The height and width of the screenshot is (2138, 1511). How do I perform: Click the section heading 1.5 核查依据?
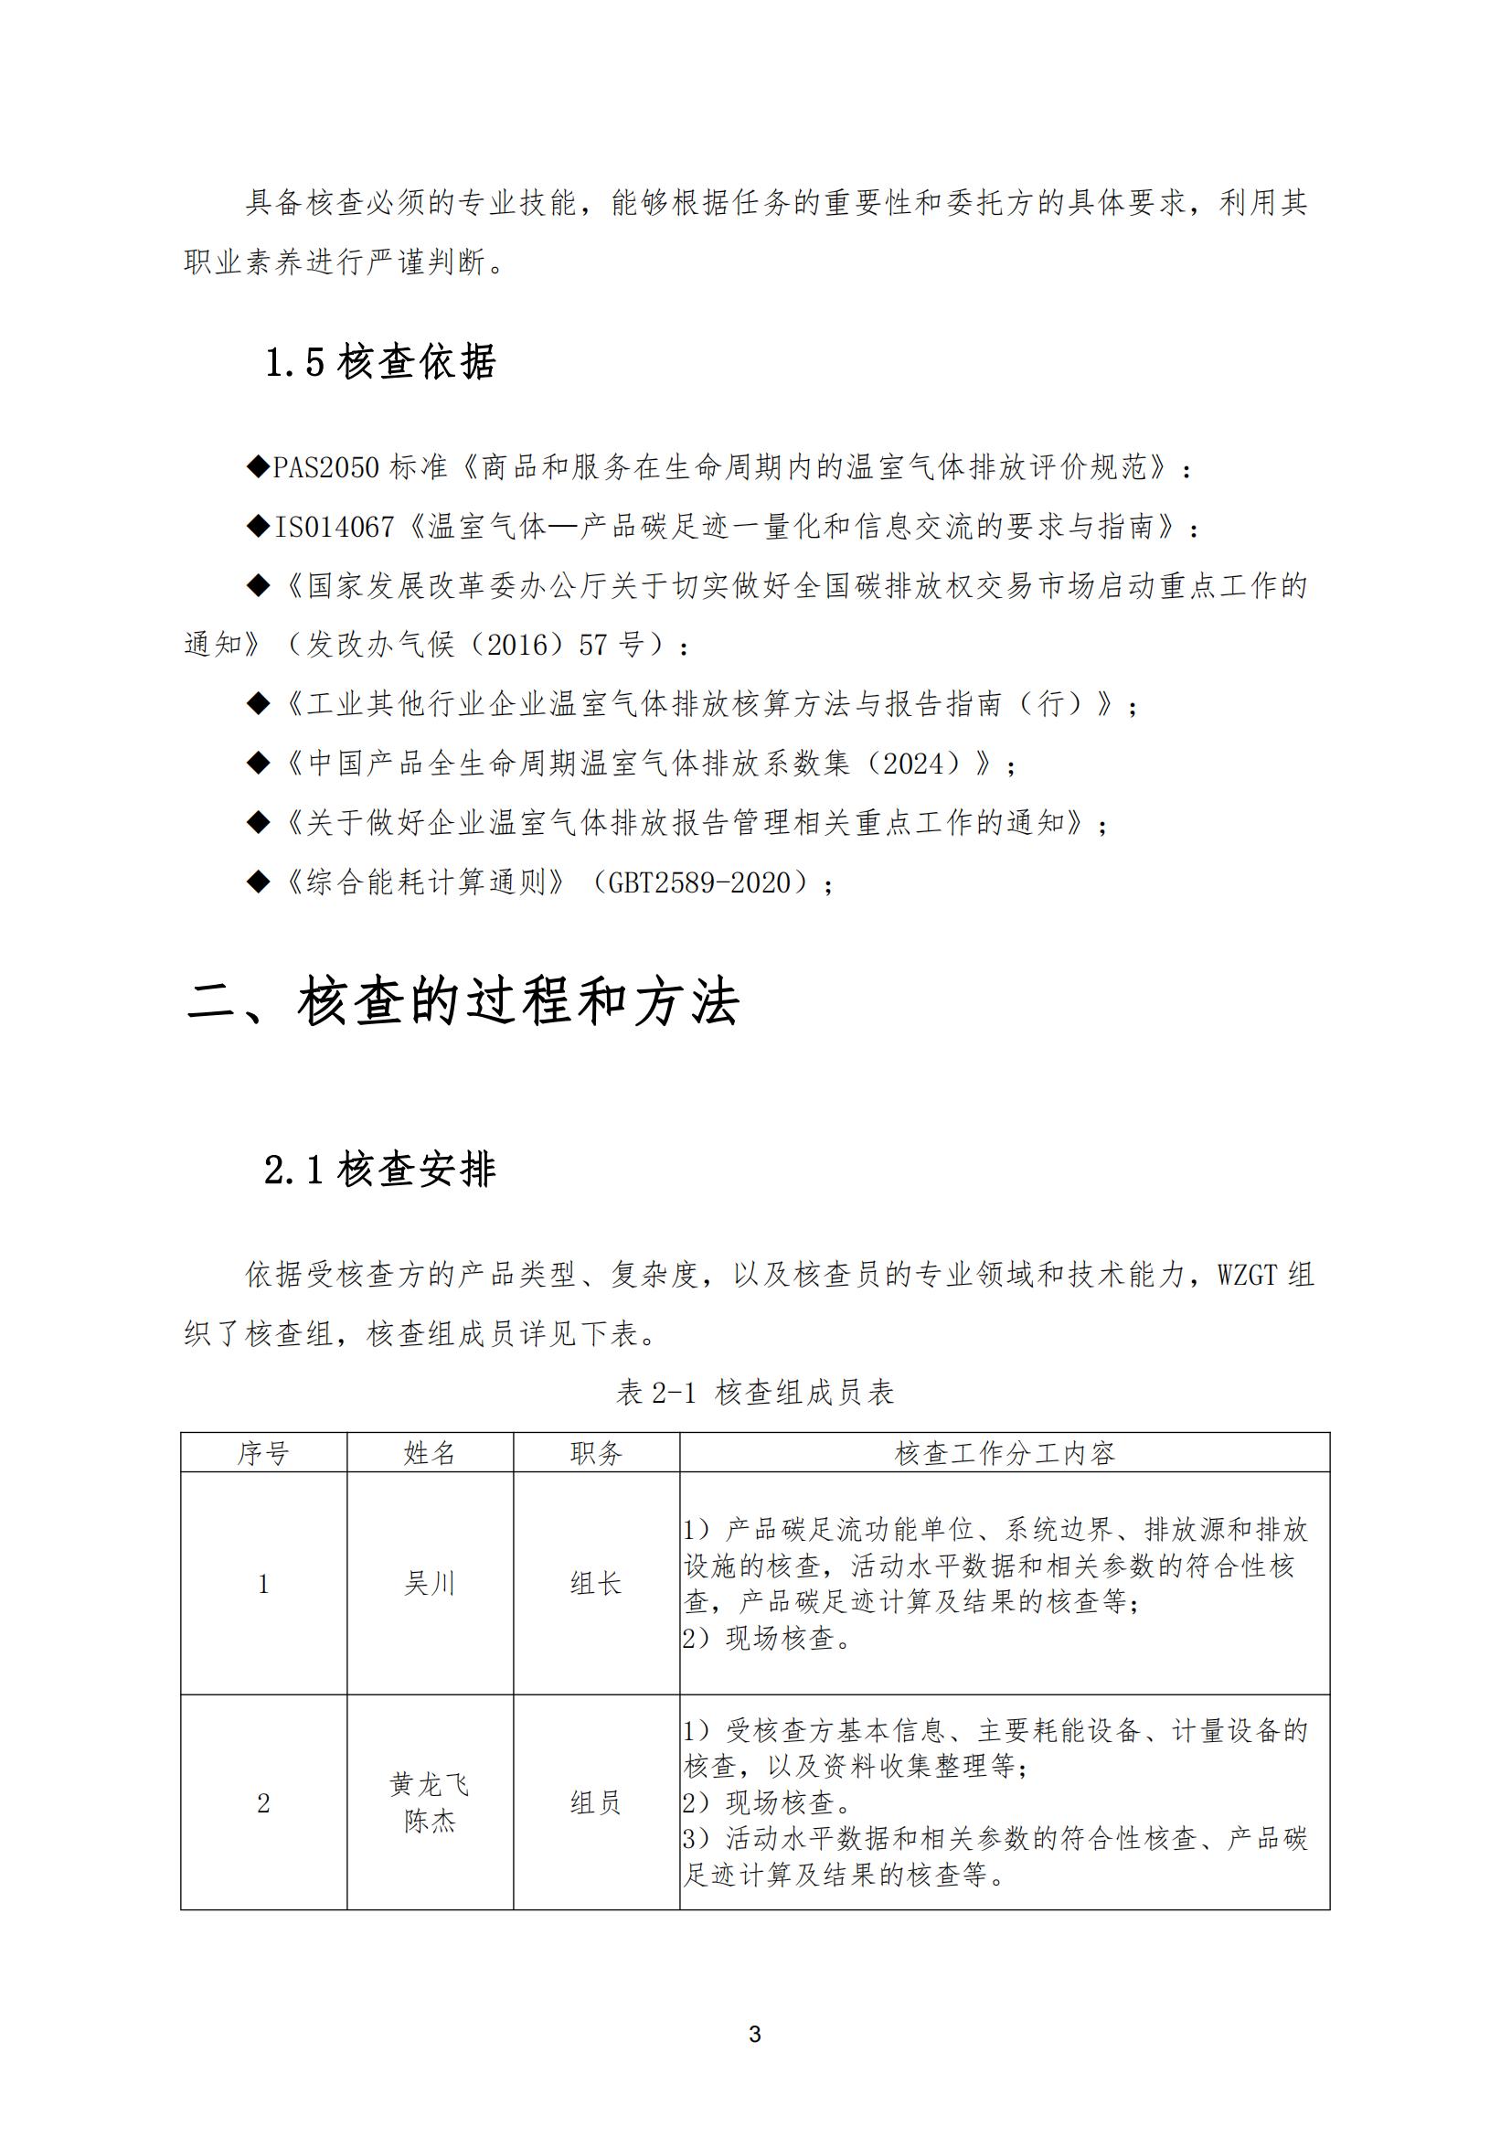coord(380,362)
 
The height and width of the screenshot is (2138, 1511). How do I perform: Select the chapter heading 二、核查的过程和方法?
coord(463,1003)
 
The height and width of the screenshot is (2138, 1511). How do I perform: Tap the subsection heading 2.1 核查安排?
coord(380,1170)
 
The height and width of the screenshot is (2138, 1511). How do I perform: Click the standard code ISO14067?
coord(335,527)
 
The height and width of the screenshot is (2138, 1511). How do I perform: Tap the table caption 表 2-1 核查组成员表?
coord(755,1393)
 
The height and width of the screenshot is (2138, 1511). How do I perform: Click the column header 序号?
coord(263,1454)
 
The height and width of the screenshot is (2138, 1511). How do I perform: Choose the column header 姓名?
coord(430,1454)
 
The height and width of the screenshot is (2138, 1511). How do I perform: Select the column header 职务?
coord(596,1454)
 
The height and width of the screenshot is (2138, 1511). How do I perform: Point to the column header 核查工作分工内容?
coord(1005,1454)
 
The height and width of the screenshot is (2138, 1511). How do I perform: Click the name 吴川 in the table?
coord(430,1584)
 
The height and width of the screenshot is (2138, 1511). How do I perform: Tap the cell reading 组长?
coord(596,1584)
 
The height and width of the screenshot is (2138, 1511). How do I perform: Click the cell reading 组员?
coord(596,1803)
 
